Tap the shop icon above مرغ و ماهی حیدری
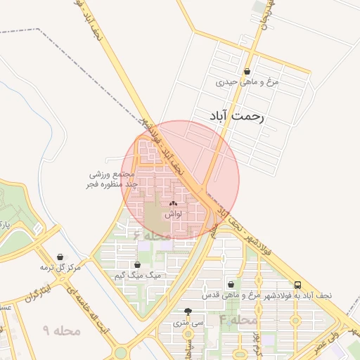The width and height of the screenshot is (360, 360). (247, 71)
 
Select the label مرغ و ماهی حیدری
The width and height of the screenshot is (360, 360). (247, 82)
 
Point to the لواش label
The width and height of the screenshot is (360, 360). (174, 214)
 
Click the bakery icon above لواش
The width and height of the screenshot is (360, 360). (173, 204)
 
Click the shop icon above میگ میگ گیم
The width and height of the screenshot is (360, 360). (138, 265)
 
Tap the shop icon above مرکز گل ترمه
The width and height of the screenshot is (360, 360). (61, 257)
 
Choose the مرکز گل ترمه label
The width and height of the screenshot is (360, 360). (60, 268)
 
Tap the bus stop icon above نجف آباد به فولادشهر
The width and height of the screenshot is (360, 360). (299, 285)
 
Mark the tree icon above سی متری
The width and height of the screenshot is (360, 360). (188, 312)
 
